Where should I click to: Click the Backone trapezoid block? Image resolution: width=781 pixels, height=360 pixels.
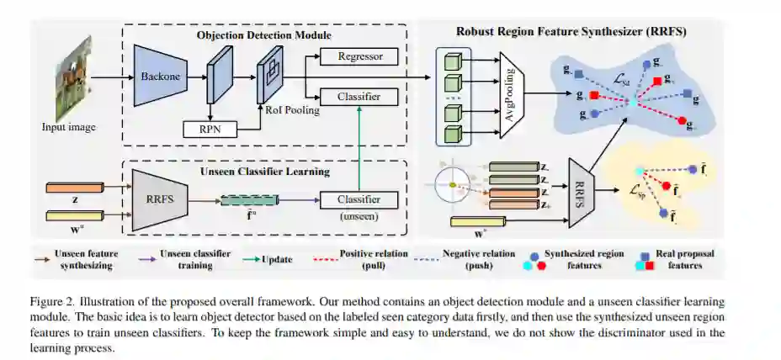point(160,77)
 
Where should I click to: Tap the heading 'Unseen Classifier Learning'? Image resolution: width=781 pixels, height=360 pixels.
point(264,172)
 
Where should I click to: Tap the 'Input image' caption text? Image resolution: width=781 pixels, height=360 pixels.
point(69,128)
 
